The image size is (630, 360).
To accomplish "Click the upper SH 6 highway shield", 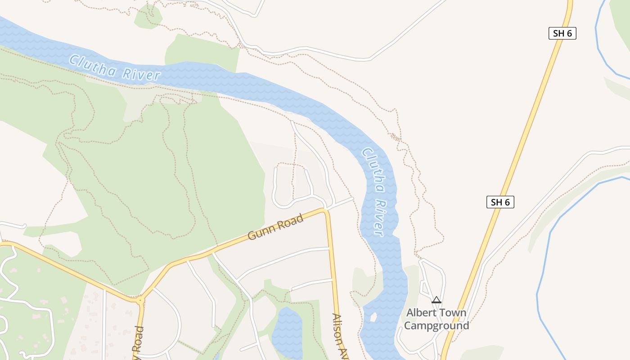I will (562, 33).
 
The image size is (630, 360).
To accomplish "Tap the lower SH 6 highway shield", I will (500, 202).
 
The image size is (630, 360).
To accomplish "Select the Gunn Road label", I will (275, 227).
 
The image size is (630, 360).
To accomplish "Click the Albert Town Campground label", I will (436, 319).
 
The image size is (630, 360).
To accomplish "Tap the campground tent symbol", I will (436, 300).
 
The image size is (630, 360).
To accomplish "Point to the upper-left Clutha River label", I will (115, 67).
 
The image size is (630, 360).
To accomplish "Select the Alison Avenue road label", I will (340, 335).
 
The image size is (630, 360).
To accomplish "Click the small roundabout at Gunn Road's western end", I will (141, 300).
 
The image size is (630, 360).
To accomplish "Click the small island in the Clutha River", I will (373, 317).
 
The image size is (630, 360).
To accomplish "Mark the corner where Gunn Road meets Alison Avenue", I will (325, 211).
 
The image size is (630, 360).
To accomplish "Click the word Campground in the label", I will (436, 325).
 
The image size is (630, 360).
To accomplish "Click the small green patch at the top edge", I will (148, 17).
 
